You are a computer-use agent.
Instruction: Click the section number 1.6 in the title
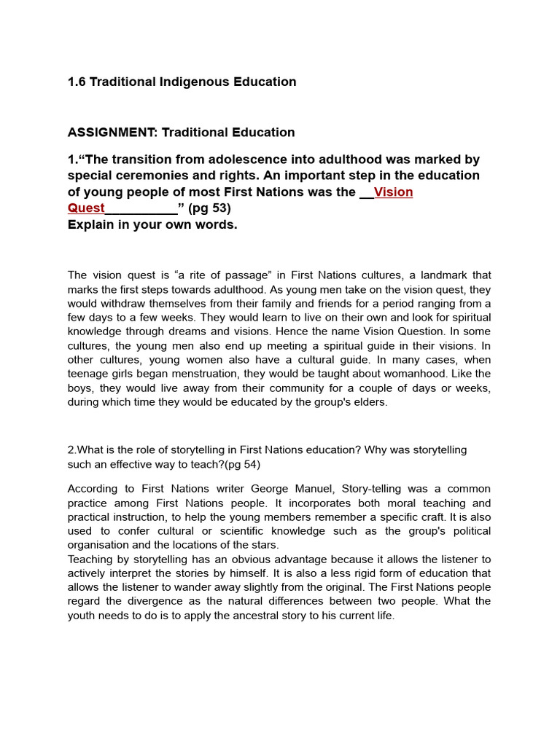pyautogui.click(x=77, y=82)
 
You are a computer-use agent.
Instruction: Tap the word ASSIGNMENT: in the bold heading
pyautogui.click(x=112, y=133)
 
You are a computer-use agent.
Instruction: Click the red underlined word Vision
pyautogui.click(x=393, y=192)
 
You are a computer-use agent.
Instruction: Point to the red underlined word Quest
pyautogui.click(x=86, y=208)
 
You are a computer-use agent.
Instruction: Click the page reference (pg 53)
pyautogui.click(x=209, y=208)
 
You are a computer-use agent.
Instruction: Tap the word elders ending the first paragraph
pyautogui.click(x=371, y=402)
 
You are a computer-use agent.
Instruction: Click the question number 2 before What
pyautogui.click(x=71, y=450)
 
